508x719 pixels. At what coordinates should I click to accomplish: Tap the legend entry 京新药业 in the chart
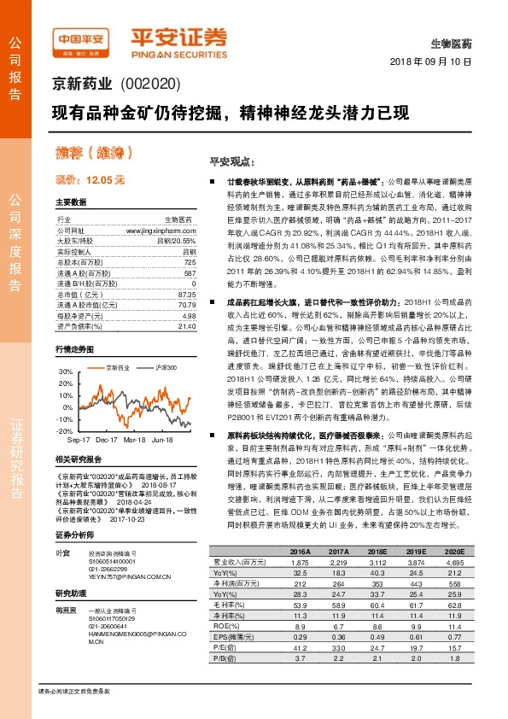[118, 366]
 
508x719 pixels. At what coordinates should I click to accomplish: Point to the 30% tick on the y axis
[65, 372]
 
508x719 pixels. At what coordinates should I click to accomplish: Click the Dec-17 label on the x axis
[107, 439]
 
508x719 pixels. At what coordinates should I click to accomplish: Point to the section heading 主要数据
[71, 202]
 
